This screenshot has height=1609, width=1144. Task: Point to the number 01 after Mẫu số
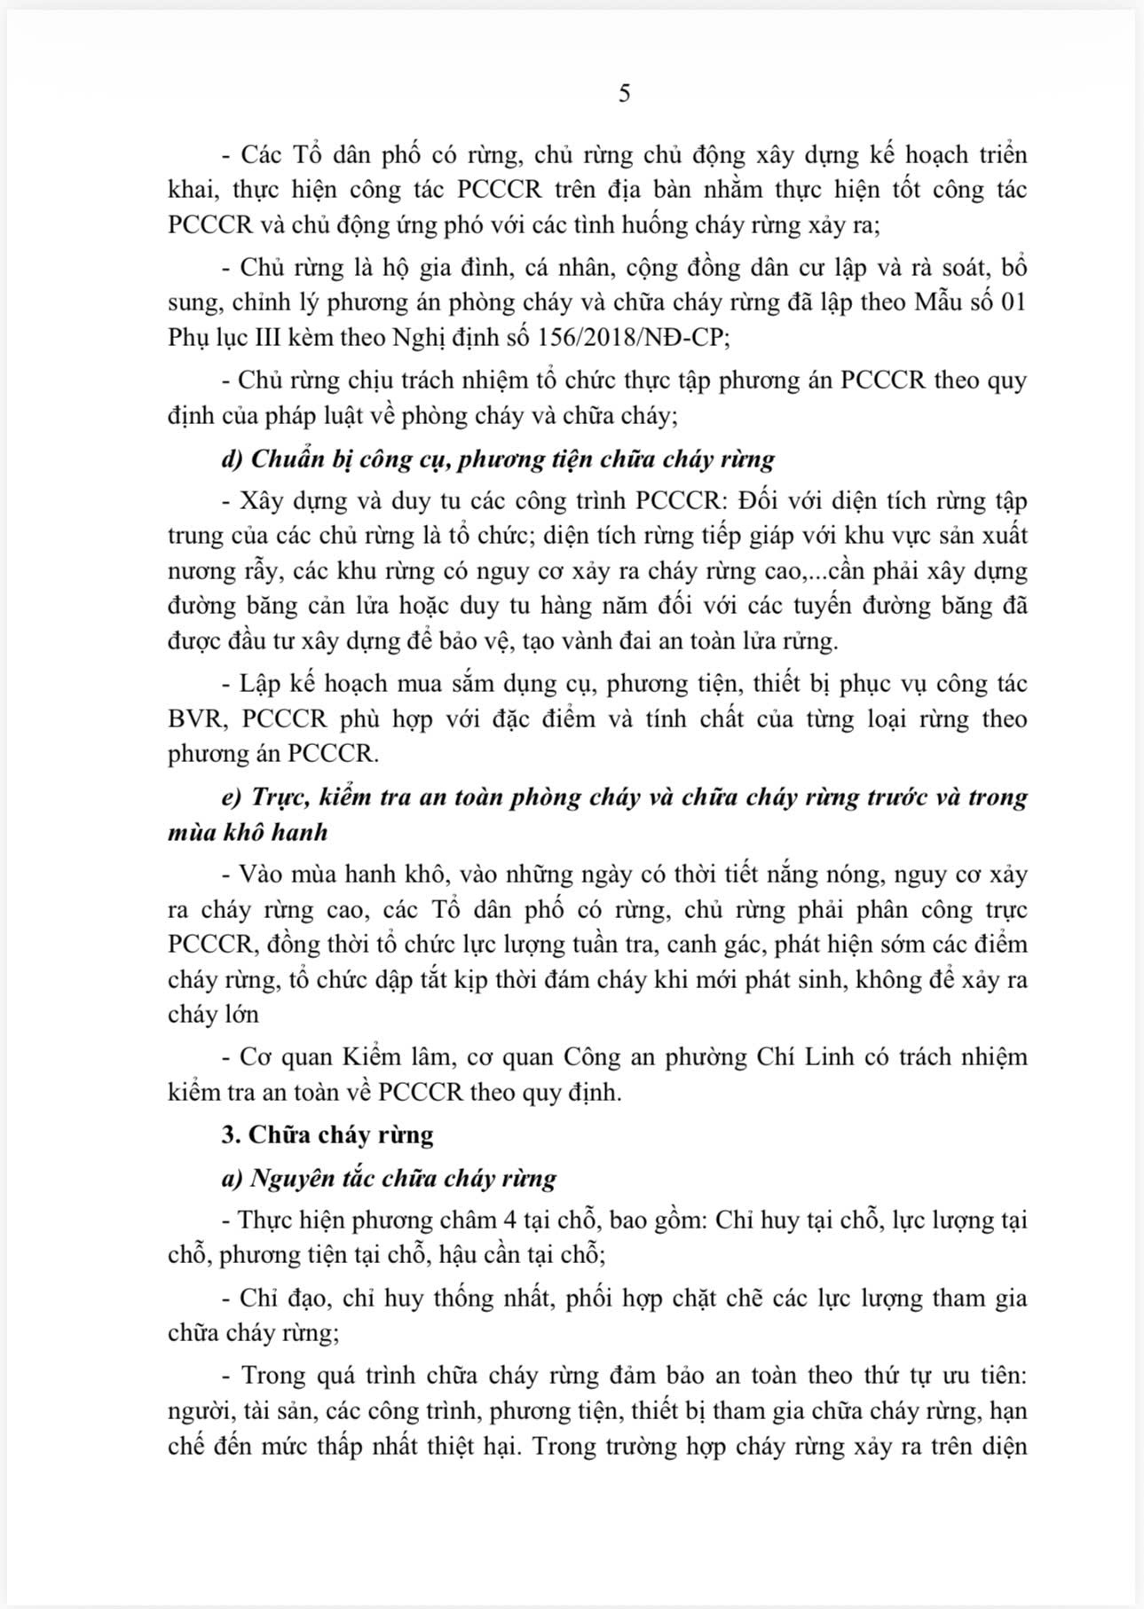1013,302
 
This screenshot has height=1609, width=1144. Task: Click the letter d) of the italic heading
232,459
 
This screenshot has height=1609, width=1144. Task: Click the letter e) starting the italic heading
232,797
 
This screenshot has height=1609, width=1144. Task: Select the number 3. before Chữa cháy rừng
231,1135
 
